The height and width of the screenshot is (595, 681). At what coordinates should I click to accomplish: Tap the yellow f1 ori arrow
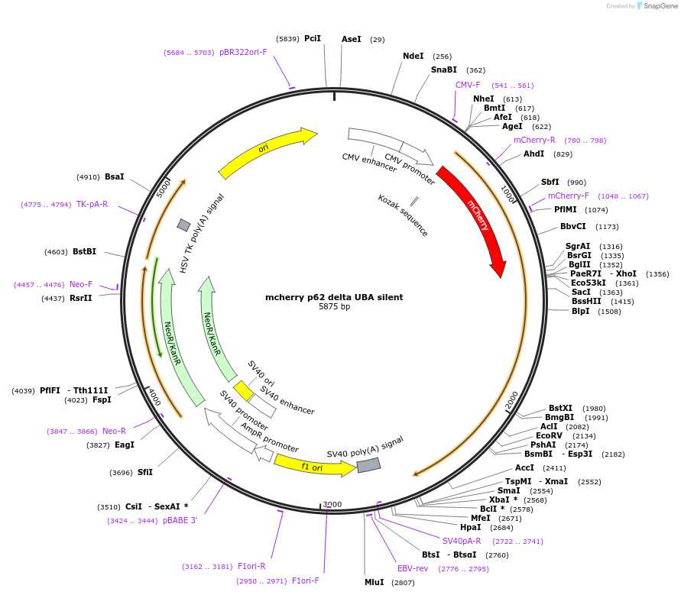click(312, 464)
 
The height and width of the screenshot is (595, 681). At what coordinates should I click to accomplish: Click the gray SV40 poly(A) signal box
click(368, 464)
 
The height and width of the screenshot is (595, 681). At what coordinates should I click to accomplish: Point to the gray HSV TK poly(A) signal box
click(183, 225)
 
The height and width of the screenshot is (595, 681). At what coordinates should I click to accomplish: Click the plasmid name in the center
click(334, 297)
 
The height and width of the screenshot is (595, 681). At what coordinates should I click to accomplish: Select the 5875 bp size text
click(334, 307)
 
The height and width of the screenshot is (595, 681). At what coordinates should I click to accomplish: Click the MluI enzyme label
click(374, 582)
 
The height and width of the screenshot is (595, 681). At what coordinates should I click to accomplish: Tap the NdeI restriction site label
click(413, 56)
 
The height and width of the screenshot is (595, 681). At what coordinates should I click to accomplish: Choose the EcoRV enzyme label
click(549, 435)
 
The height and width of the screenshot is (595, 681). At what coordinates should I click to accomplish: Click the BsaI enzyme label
click(114, 176)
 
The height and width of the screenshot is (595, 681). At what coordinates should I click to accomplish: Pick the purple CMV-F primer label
click(468, 85)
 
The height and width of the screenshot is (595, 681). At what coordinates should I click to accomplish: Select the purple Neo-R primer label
click(114, 431)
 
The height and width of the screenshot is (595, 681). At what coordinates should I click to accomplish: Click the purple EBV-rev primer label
click(413, 568)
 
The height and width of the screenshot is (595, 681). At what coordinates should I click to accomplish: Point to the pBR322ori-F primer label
click(243, 52)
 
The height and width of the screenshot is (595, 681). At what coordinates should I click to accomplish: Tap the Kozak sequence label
click(403, 215)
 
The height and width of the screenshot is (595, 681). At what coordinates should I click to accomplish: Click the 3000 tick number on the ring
click(332, 505)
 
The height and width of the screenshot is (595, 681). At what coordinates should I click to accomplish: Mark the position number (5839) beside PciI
click(288, 39)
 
